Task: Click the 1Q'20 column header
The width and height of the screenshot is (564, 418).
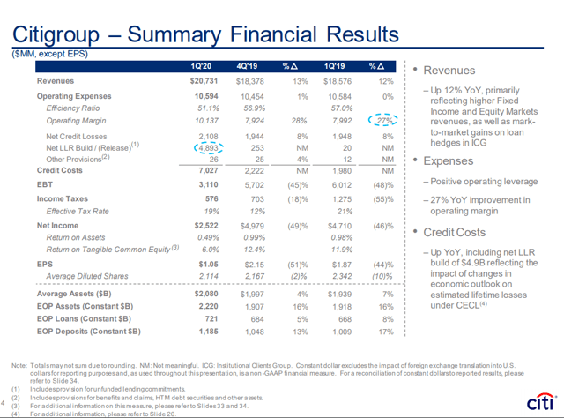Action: click(204, 67)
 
